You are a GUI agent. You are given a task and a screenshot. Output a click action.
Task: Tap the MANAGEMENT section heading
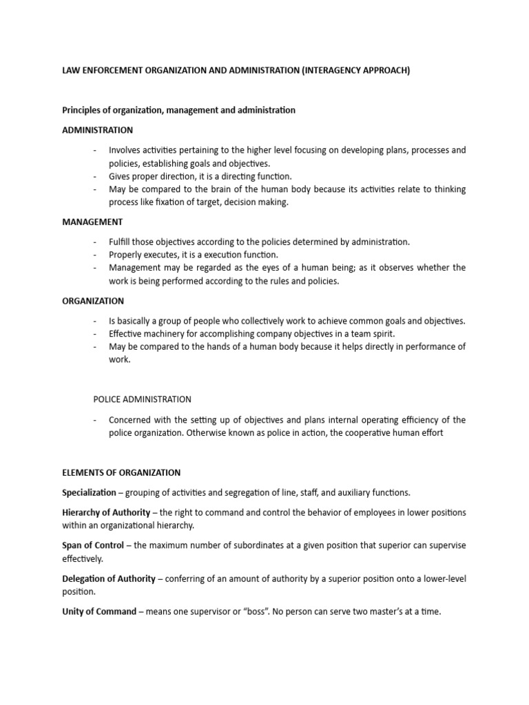[x=92, y=222]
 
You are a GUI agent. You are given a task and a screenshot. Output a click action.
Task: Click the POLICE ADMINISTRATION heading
[x=143, y=399]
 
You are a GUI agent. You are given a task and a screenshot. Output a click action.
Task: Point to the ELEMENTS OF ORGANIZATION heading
[x=121, y=472]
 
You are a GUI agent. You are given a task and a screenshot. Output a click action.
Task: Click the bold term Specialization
[x=90, y=492]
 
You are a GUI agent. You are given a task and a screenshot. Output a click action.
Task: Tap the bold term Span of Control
[x=93, y=545]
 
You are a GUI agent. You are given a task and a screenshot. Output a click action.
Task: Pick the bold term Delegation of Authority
[x=109, y=578]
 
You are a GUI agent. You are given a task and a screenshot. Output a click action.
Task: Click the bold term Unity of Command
[x=99, y=611]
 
